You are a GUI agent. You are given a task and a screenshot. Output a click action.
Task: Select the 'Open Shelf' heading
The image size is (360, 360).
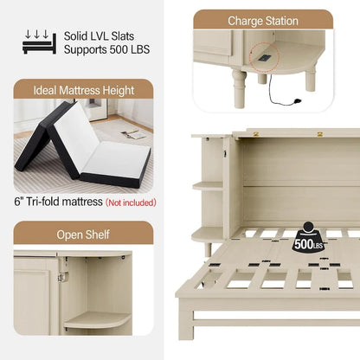[x=84, y=233]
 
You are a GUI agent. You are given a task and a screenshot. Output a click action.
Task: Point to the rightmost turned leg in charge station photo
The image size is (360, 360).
[x=310, y=80]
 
